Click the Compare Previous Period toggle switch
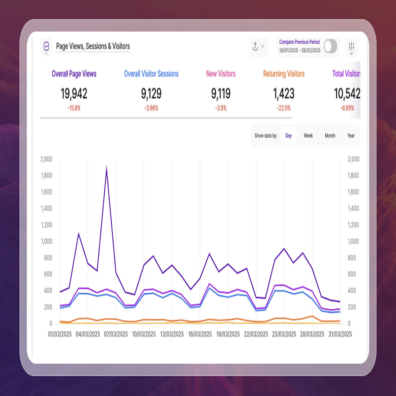[x=330, y=46]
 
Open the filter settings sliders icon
[x=351, y=47]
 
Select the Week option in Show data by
[x=308, y=136]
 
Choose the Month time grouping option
[x=330, y=136]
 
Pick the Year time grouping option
[x=351, y=136]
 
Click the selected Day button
[x=288, y=136]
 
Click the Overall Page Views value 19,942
[x=74, y=94]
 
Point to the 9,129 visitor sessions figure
[x=151, y=94]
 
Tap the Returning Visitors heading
[x=284, y=74]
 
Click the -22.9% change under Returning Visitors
[x=284, y=108]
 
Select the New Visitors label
[x=221, y=74]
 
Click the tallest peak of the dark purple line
[x=107, y=167]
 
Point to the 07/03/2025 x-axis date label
[x=116, y=334]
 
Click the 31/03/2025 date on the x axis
[x=340, y=334]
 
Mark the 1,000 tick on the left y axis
[x=46, y=241]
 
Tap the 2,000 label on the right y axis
[x=353, y=159]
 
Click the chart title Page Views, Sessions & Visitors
[x=93, y=46]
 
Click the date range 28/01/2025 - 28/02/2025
[x=300, y=50]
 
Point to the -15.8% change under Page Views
[x=74, y=108]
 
